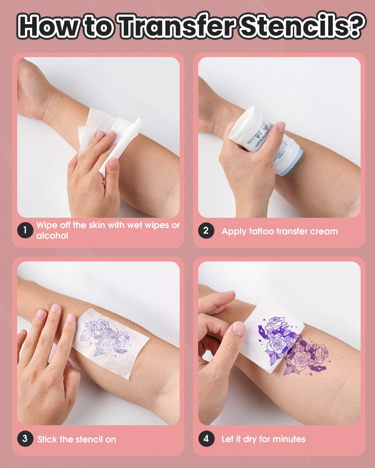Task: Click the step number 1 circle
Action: pos(25,230)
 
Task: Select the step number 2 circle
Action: pos(206,231)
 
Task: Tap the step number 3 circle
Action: pos(25,439)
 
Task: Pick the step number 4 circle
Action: pos(206,439)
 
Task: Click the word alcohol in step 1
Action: pos(52,236)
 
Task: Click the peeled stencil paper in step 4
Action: pos(272,331)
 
